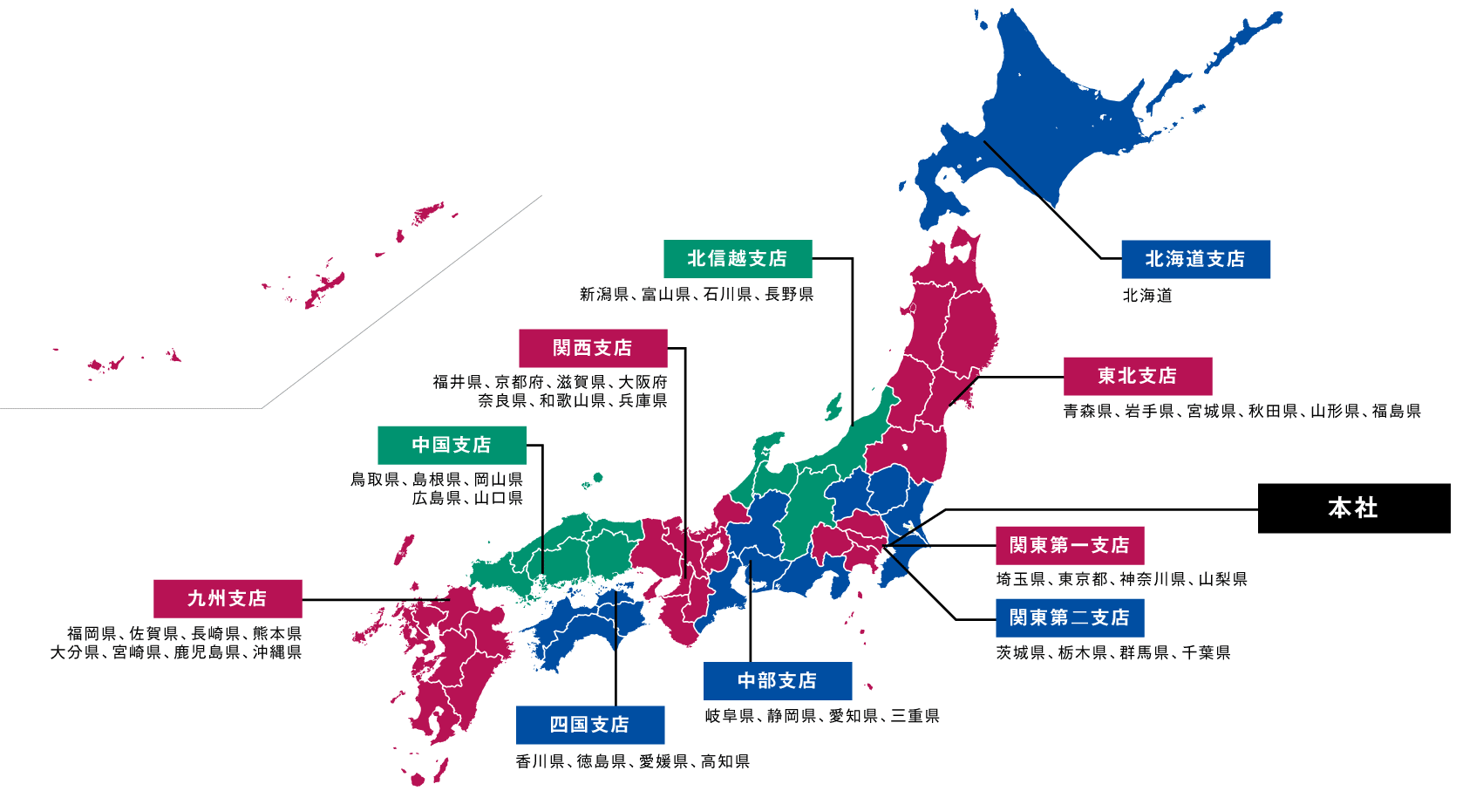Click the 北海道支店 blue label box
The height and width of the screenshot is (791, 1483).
pyautogui.click(x=1194, y=259)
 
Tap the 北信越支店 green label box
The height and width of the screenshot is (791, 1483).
pyautogui.click(x=737, y=258)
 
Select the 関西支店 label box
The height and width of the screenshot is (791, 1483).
pyautogui.click(x=592, y=348)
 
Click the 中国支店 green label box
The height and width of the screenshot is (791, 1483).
pyautogui.click(x=451, y=445)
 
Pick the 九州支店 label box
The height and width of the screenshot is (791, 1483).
pyautogui.click(x=227, y=598)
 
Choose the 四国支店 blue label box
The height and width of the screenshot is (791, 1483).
pyautogui.click(x=589, y=725)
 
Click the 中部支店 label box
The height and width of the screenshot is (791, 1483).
pyautogui.click(x=777, y=680)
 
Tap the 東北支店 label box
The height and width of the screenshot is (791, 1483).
pyautogui.click(x=1137, y=376)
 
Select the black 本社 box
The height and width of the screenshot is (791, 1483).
pyautogui.click(x=1353, y=508)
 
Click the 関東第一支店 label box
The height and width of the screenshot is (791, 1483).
pyautogui.click(x=1069, y=545)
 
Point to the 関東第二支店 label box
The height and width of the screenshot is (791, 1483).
pyautogui.click(x=1069, y=617)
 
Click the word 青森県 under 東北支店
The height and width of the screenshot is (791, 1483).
pyautogui.click(x=1087, y=411)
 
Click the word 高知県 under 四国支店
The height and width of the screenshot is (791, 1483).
pyautogui.click(x=725, y=761)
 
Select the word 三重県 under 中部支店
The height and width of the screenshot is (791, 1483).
pyautogui.click(x=915, y=716)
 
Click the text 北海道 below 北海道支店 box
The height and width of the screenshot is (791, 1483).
pyautogui.click(x=1147, y=296)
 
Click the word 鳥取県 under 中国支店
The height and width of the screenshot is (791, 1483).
pyautogui.click(x=375, y=480)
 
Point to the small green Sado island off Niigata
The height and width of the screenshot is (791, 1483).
pyautogui.click(x=834, y=406)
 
